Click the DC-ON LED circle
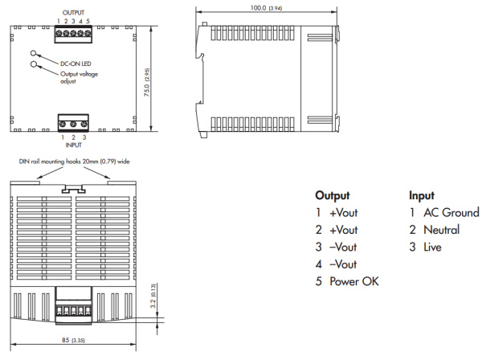click(x=35, y=53)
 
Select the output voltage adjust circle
click(x=35, y=64)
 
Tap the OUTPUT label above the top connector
click(x=73, y=13)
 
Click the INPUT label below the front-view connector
click(x=73, y=146)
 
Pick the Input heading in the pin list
click(x=422, y=195)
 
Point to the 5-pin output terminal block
click(x=73, y=35)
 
